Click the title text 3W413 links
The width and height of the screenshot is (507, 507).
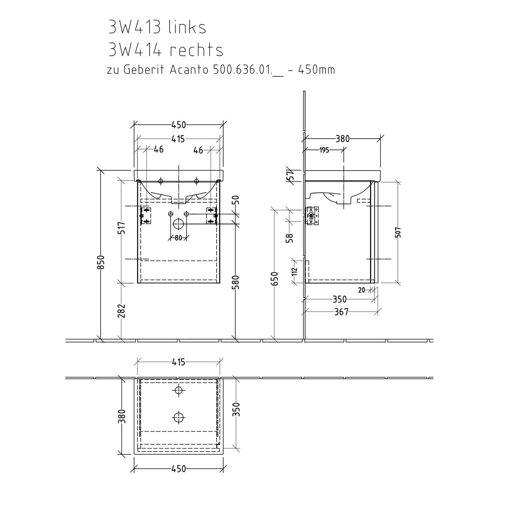click(157, 27)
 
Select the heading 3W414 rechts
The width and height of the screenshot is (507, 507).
click(166, 50)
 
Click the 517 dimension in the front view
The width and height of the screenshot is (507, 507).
click(122, 227)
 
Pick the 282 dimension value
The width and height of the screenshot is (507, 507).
click(122, 311)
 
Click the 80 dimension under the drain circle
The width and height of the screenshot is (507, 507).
click(178, 238)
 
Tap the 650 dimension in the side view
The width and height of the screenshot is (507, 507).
click(275, 279)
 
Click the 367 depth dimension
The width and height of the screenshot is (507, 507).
click(341, 312)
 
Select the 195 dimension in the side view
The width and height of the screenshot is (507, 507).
click(324, 150)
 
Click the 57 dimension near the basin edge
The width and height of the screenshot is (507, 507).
click(290, 176)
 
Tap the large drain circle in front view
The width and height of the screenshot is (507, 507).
click(178, 223)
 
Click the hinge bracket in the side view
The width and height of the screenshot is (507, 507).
click(312, 216)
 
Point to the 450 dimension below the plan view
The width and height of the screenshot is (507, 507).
click(178, 469)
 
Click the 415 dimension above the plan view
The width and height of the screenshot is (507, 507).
click(178, 362)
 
